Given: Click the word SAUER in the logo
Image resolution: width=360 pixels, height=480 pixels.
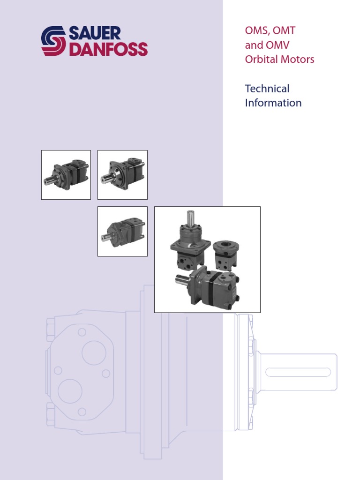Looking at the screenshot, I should click(x=96, y=33).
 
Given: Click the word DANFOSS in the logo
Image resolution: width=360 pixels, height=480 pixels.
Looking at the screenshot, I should click(x=108, y=49).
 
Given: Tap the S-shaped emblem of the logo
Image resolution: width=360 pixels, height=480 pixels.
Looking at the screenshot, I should click(x=53, y=41).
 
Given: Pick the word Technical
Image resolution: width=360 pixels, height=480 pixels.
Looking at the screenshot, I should click(x=267, y=89).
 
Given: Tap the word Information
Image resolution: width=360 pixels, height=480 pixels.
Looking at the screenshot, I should click(x=273, y=103).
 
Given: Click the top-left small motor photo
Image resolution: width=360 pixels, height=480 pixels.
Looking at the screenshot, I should click(x=66, y=175).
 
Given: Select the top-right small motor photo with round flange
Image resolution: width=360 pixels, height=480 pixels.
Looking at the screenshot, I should click(x=122, y=175).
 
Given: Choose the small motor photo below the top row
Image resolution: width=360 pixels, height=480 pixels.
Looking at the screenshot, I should click(x=122, y=232).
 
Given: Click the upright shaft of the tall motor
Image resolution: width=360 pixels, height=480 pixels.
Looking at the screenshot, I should click(x=191, y=218).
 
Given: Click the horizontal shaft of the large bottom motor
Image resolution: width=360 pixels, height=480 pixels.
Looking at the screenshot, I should click(x=182, y=282).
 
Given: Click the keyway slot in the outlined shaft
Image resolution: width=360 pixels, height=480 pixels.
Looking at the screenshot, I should click(x=298, y=373).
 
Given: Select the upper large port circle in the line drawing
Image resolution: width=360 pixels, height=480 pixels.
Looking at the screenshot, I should click(x=94, y=353).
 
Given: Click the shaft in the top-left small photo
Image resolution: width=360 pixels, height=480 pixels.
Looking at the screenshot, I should click(x=49, y=181).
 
